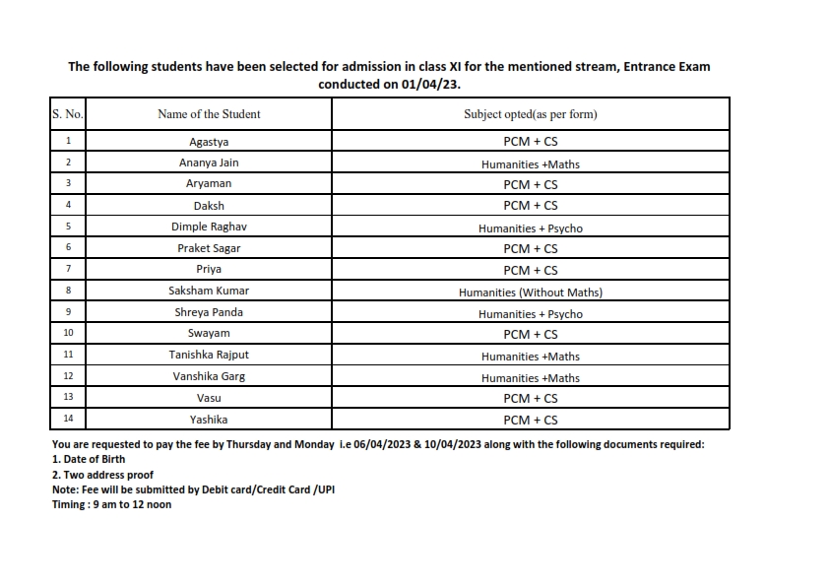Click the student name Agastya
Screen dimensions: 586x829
click(x=209, y=142)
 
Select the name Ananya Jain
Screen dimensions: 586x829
click(x=209, y=163)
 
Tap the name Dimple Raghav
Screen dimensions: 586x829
click(x=209, y=228)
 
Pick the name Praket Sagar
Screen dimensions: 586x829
click(x=209, y=249)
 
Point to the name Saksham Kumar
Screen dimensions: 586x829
click(x=209, y=292)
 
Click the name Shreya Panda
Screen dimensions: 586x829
click(x=209, y=313)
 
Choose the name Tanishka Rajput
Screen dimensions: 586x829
click(x=209, y=356)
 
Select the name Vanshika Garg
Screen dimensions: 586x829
click(x=209, y=377)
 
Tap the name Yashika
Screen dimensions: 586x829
click(x=209, y=420)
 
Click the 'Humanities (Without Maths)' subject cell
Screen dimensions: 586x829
click(x=530, y=293)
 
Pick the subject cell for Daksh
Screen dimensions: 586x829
click(x=530, y=206)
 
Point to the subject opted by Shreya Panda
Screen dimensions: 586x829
click(x=530, y=314)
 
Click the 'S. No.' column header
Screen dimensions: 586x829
click(x=67, y=114)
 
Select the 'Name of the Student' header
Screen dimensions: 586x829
click(x=209, y=114)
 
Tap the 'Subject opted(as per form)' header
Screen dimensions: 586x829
click(x=530, y=114)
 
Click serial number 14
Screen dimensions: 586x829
click(x=68, y=419)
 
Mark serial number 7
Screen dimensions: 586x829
click(x=68, y=269)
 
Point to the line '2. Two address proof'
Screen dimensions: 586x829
click(x=102, y=475)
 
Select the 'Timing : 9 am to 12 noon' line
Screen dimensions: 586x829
click(x=111, y=504)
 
